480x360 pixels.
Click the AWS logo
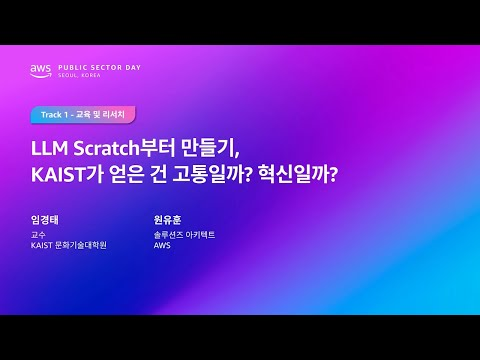40,70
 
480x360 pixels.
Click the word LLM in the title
48,149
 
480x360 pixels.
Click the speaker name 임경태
46,219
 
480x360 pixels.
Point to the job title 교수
38,234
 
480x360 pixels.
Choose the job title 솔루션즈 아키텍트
184,234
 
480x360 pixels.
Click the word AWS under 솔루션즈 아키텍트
162,245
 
